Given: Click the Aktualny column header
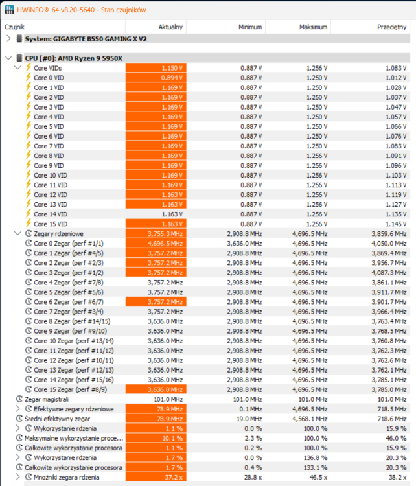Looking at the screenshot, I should pyautogui.click(x=170, y=27).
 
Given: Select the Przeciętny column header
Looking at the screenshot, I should pyautogui.click(x=392, y=27).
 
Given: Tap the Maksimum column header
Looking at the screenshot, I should pyautogui.click(x=313, y=27).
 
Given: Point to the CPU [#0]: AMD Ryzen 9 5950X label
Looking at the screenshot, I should pyautogui.click(x=74, y=58).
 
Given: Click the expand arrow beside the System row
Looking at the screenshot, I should pyautogui.click(x=8, y=38).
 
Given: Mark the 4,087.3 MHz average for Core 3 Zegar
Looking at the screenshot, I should pyautogui.click(x=388, y=272).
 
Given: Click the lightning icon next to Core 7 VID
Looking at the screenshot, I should pyautogui.click(x=28, y=146).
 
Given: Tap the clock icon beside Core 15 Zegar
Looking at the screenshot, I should pyautogui.click(x=28, y=389).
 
